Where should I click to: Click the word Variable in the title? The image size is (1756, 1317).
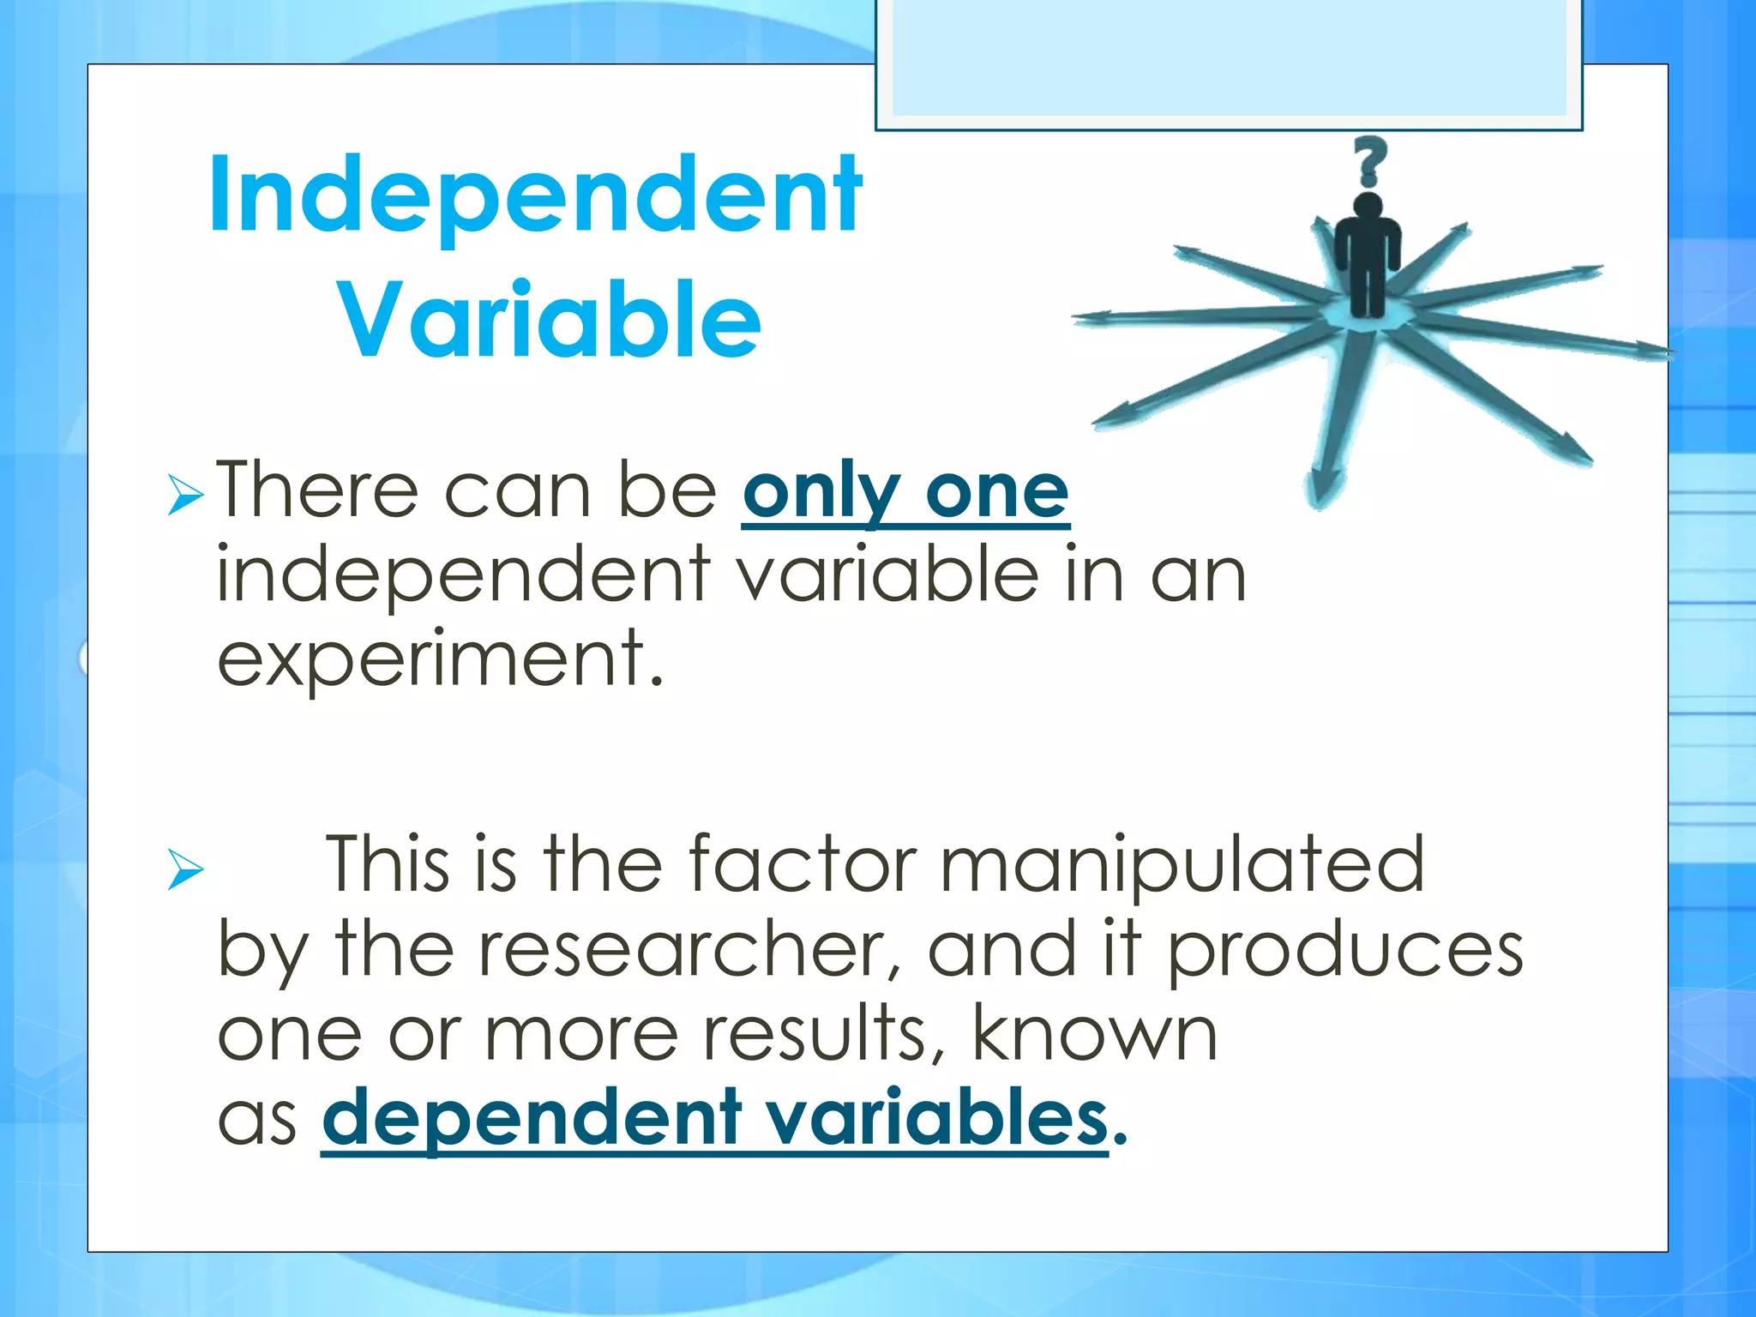tap(550, 319)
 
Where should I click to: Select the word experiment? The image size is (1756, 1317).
tap(440, 658)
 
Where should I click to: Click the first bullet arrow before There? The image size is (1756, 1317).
tap(185, 495)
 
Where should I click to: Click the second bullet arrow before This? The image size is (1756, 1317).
tap(185, 869)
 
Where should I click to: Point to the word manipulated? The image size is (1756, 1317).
tap(1182, 864)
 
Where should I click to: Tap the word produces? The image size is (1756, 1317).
tap(1345, 949)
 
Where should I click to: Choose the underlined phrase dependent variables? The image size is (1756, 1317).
tap(715, 1118)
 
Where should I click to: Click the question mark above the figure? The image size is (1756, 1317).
tap(1369, 161)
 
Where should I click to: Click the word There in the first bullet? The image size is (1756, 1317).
tap(316, 491)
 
